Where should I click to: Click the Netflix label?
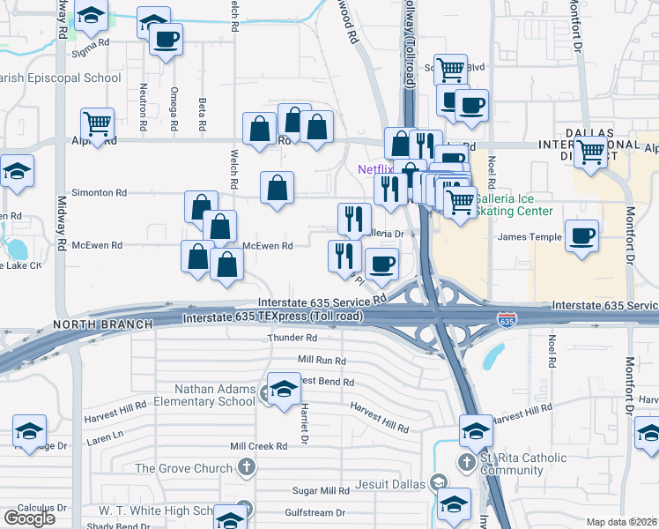[374, 169]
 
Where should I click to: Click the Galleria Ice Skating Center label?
[514, 205]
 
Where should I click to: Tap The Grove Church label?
[182, 467]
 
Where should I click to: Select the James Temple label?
[529, 236]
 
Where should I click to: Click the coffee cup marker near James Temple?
[581, 236]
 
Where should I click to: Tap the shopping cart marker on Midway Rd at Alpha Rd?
[97, 123]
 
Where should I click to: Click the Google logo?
[29, 518]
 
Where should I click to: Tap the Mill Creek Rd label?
[259, 446]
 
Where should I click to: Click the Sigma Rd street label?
[92, 42]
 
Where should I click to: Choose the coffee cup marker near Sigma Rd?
[166, 39]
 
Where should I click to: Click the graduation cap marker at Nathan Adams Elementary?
[284, 389]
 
